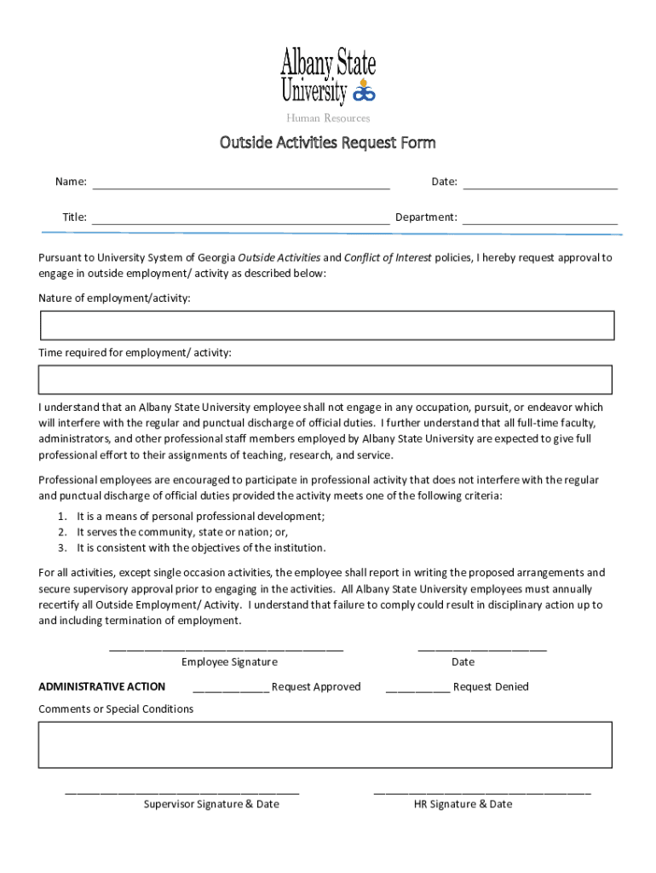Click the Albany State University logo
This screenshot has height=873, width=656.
click(328, 75)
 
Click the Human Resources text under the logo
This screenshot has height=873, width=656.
click(328, 119)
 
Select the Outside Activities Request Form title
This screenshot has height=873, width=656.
click(328, 142)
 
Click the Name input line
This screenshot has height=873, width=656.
click(240, 182)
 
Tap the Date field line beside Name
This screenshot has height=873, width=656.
click(539, 182)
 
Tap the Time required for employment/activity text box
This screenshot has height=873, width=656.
click(325, 379)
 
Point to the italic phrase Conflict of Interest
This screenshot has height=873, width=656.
click(388, 257)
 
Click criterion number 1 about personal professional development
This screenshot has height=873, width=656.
click(200, 517)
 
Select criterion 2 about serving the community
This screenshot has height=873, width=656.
click(183, 532)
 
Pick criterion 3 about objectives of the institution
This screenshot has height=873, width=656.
click(201, 548)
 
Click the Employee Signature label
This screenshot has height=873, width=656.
click(229, 662)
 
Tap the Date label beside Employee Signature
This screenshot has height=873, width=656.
click(463, 662)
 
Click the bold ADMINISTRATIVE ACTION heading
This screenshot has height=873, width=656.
click(102, 687)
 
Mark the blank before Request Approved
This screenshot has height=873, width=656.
click(231, 689)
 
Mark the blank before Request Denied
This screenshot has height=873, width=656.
click(417, 689)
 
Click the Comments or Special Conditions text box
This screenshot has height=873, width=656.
click(325, 744)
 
